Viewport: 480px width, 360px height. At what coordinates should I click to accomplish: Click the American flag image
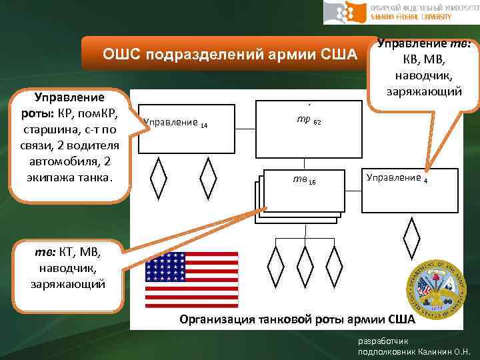pyautogui.click(x=192, y=279)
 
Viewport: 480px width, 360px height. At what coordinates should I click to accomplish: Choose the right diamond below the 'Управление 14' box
pyautogui.click(x=208, y=177)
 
